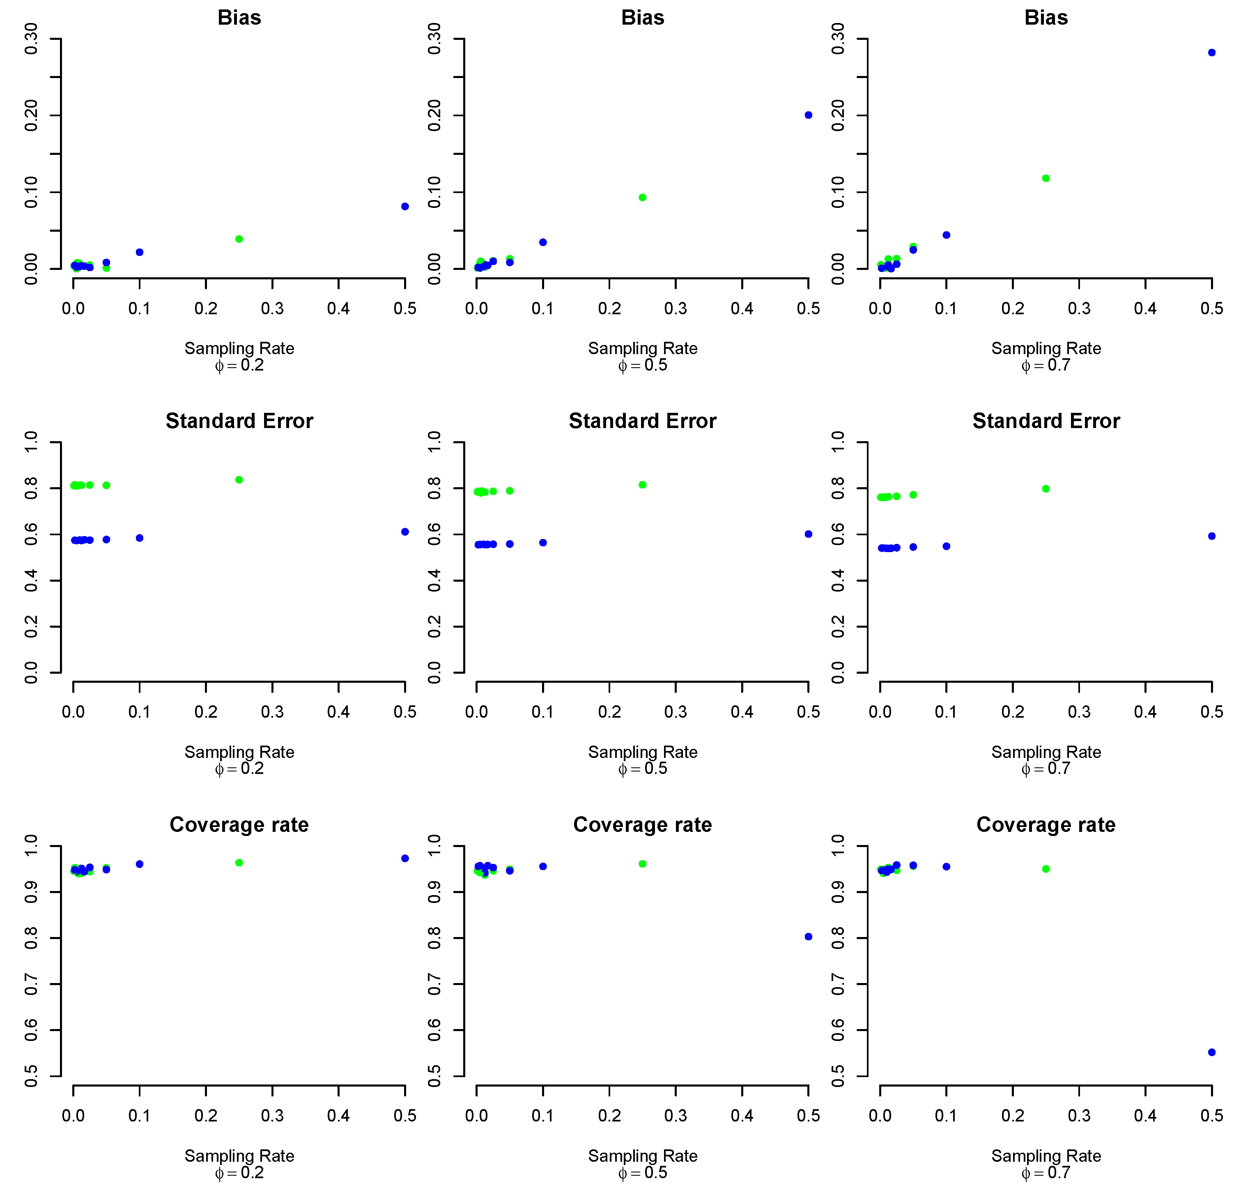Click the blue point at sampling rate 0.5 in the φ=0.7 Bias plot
(x=1211, y=53)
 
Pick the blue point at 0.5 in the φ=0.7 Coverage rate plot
(x=1211, y=1052)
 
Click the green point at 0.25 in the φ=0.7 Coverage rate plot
(x=1046, y=869)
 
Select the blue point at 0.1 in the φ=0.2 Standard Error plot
(x=140, y=538)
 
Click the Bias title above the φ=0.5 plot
(x=642, y=18)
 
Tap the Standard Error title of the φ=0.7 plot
(x=1046, y=421)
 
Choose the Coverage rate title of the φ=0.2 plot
(x=239, y=824)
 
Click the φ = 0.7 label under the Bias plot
(x=1046, y=365)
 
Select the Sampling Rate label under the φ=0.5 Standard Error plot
(x=642, y=752)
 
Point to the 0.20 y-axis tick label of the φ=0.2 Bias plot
(x=31, y=115)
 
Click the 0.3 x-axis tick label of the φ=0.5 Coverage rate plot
(x=676, y=1116)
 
